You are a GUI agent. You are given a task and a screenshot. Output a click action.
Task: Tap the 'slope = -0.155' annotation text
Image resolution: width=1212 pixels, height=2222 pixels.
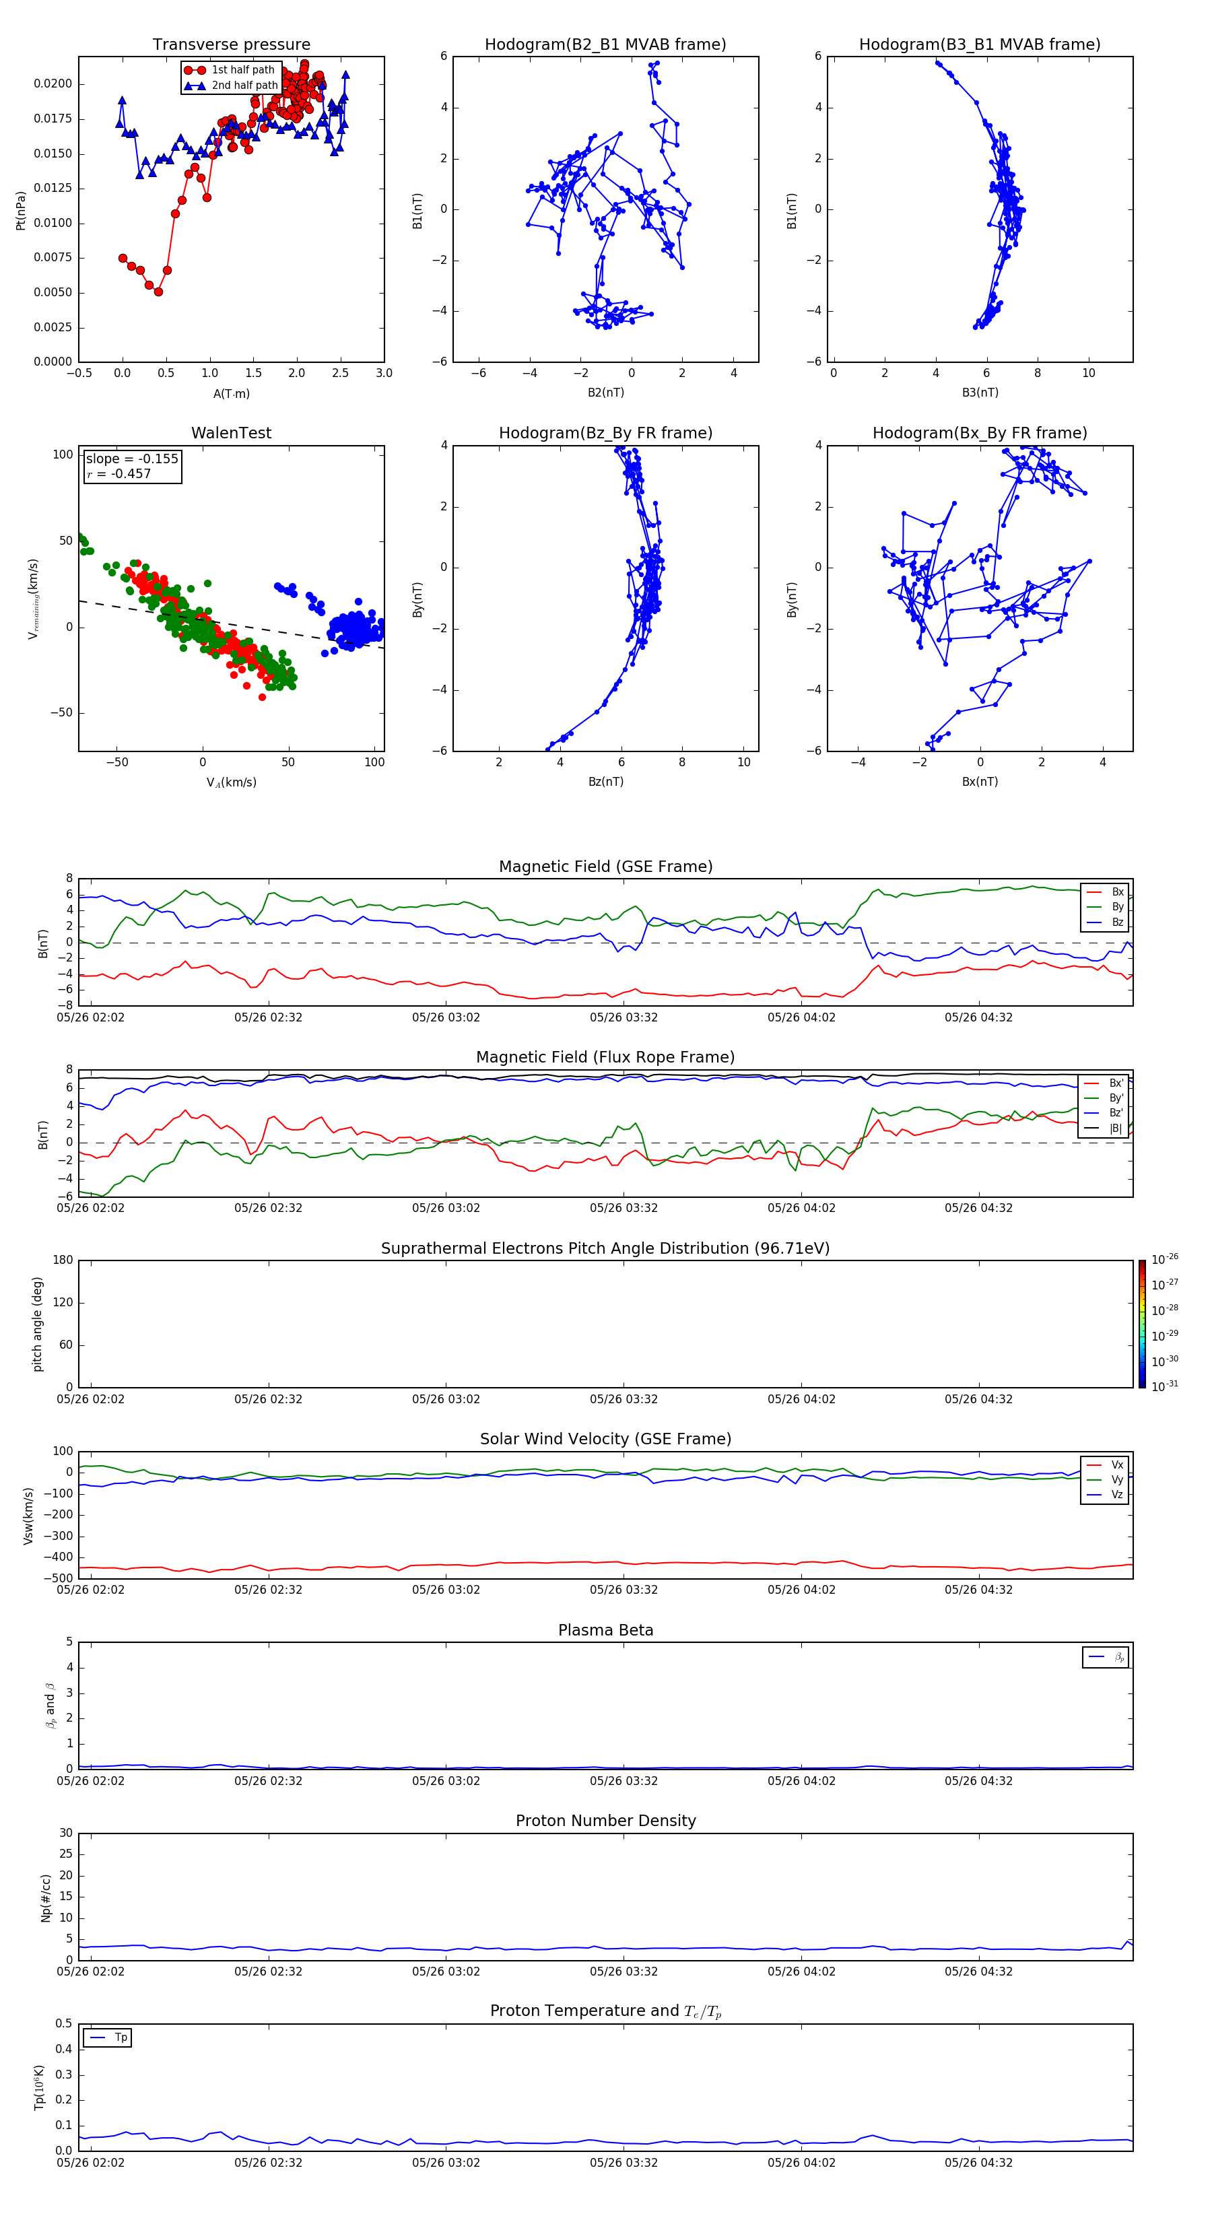[132, 459]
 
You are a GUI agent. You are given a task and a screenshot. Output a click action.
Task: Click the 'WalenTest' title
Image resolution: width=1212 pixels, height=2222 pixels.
[231, 433]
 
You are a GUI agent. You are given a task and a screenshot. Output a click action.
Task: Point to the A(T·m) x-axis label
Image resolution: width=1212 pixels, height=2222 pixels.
[231, 394]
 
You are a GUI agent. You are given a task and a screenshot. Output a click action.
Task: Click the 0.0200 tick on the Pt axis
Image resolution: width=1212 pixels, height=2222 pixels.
[53, 83]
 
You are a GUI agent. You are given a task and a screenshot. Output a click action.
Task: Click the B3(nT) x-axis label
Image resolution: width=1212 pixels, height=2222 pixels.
[980, 393]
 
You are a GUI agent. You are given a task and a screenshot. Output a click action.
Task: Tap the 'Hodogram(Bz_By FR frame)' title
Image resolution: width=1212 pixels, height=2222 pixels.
[605, 433]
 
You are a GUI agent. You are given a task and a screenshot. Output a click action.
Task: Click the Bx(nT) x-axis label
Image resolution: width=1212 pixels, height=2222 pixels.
[980, 782]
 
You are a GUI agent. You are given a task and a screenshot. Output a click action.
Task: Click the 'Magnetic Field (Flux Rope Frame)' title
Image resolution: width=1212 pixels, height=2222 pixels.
[605, 1058]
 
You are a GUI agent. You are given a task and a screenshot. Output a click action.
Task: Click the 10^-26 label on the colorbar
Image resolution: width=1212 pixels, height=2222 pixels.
[1165, 1259]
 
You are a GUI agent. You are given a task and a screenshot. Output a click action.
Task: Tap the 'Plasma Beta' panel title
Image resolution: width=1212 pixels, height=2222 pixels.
[605, 1630]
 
